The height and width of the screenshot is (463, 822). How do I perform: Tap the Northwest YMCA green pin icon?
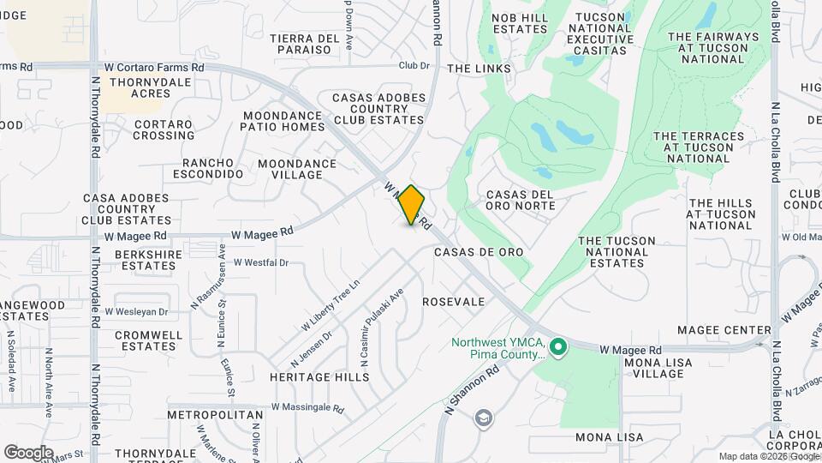558,347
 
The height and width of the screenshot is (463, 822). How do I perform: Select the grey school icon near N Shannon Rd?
484,418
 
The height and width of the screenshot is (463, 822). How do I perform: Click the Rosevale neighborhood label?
454,302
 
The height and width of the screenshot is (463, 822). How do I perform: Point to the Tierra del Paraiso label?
306,44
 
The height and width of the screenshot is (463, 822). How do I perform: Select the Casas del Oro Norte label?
520,200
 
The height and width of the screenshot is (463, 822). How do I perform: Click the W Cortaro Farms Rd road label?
155,67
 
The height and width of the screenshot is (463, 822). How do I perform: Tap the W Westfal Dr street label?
261,263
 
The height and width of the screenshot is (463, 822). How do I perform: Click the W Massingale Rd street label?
307,408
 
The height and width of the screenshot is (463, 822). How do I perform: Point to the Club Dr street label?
413,66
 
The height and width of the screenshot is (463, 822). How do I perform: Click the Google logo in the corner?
29,452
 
